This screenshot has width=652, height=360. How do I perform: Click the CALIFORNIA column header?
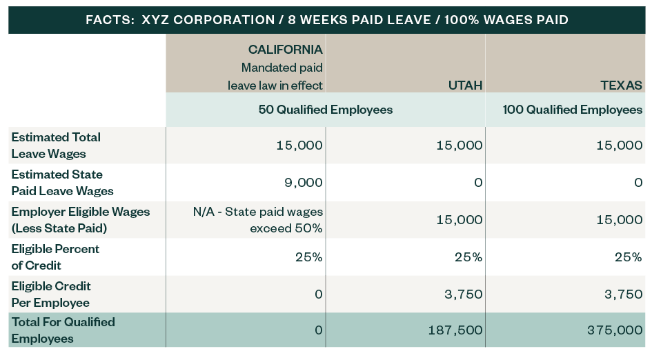tap(286, 50)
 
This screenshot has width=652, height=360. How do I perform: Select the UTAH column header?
tap(464, 86)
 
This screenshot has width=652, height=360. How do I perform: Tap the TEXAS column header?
tap(622, 86)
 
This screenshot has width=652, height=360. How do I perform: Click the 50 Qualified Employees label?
tap(325, 110)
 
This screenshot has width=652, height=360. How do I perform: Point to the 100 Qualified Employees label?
tap(573, 110)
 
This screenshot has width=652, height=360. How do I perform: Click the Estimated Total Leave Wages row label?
tap(56, 145)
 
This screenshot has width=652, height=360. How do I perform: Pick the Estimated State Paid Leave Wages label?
tap(62, 182)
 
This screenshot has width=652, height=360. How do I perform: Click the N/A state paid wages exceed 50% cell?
tap(258, 219)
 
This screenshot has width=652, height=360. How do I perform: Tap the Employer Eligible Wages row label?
tap(81, 219)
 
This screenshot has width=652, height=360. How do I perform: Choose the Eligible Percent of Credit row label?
tap(55, 257)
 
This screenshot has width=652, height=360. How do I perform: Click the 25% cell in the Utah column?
tap(468, 257)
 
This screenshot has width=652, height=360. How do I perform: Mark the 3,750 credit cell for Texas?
tap(624, 294)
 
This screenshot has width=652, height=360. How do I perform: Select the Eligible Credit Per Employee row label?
tap(51, 294)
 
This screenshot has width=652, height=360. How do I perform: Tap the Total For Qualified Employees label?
tap(63, 330)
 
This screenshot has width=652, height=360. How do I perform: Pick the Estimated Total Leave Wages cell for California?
tap(299, 146)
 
